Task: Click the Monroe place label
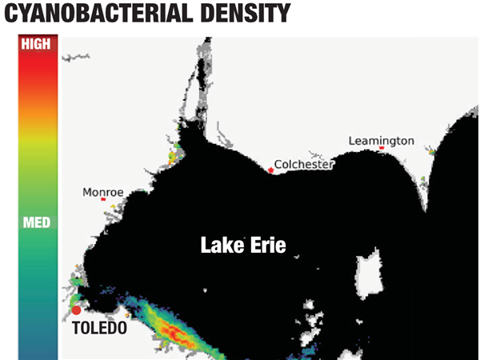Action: click(x=103, y=193)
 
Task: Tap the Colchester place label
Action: click(x=303, y=166)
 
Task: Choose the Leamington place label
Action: click(x=382, y=141)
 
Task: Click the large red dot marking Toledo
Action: click(x=76, y=310)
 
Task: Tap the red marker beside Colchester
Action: click(x=271, y=170)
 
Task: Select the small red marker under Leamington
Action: click(x=382, y=149)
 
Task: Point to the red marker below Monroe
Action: click(x=103, y=200)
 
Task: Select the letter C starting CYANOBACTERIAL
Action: click(x=11, y=14)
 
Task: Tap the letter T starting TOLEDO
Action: click(x=76, y=327)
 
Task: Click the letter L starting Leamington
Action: click(x=352, y=141)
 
